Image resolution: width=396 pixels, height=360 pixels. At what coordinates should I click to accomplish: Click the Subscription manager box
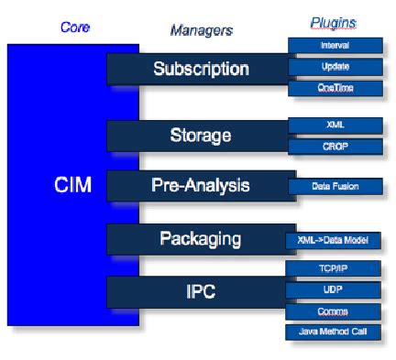click(201, 69)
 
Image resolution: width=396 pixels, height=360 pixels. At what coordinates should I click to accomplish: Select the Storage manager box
click(201, 136)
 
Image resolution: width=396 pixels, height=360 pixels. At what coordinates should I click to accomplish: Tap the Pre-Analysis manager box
click(201, 186)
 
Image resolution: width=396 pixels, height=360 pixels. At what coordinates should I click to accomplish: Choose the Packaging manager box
click(201, 239)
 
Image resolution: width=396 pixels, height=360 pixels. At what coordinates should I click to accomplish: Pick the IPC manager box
click(201, 292)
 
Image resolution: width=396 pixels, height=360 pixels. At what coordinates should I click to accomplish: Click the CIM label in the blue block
click(73, 187)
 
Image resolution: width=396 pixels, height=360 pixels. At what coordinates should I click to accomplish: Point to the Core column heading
click(74, 27)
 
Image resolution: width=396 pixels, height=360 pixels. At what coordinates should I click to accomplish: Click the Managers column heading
click(201, 30)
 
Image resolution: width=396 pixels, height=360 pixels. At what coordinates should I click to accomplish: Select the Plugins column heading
click(334, 23)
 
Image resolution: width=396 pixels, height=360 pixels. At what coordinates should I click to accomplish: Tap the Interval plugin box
click(335, 45)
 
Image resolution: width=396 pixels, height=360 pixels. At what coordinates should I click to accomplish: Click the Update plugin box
click(335, 67)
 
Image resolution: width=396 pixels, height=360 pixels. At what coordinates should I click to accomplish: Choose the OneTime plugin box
click(335, 89)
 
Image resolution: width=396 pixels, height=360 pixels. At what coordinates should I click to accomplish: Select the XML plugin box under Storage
click(335, 125)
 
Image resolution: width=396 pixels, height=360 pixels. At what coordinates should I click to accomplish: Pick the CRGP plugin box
click(335, 147)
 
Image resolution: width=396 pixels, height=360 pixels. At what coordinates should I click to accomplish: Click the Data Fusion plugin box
click(335, 186)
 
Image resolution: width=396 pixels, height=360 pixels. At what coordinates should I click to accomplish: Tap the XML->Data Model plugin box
click(335, 240)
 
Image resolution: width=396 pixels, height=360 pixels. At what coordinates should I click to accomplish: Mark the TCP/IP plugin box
click(335, 268)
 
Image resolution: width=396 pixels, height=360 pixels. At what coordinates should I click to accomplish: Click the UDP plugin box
click(335, 289)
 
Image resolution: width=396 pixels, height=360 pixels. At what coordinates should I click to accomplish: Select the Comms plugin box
click(335, 311)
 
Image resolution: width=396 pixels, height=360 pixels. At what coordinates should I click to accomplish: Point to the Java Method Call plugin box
click(335, 333)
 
